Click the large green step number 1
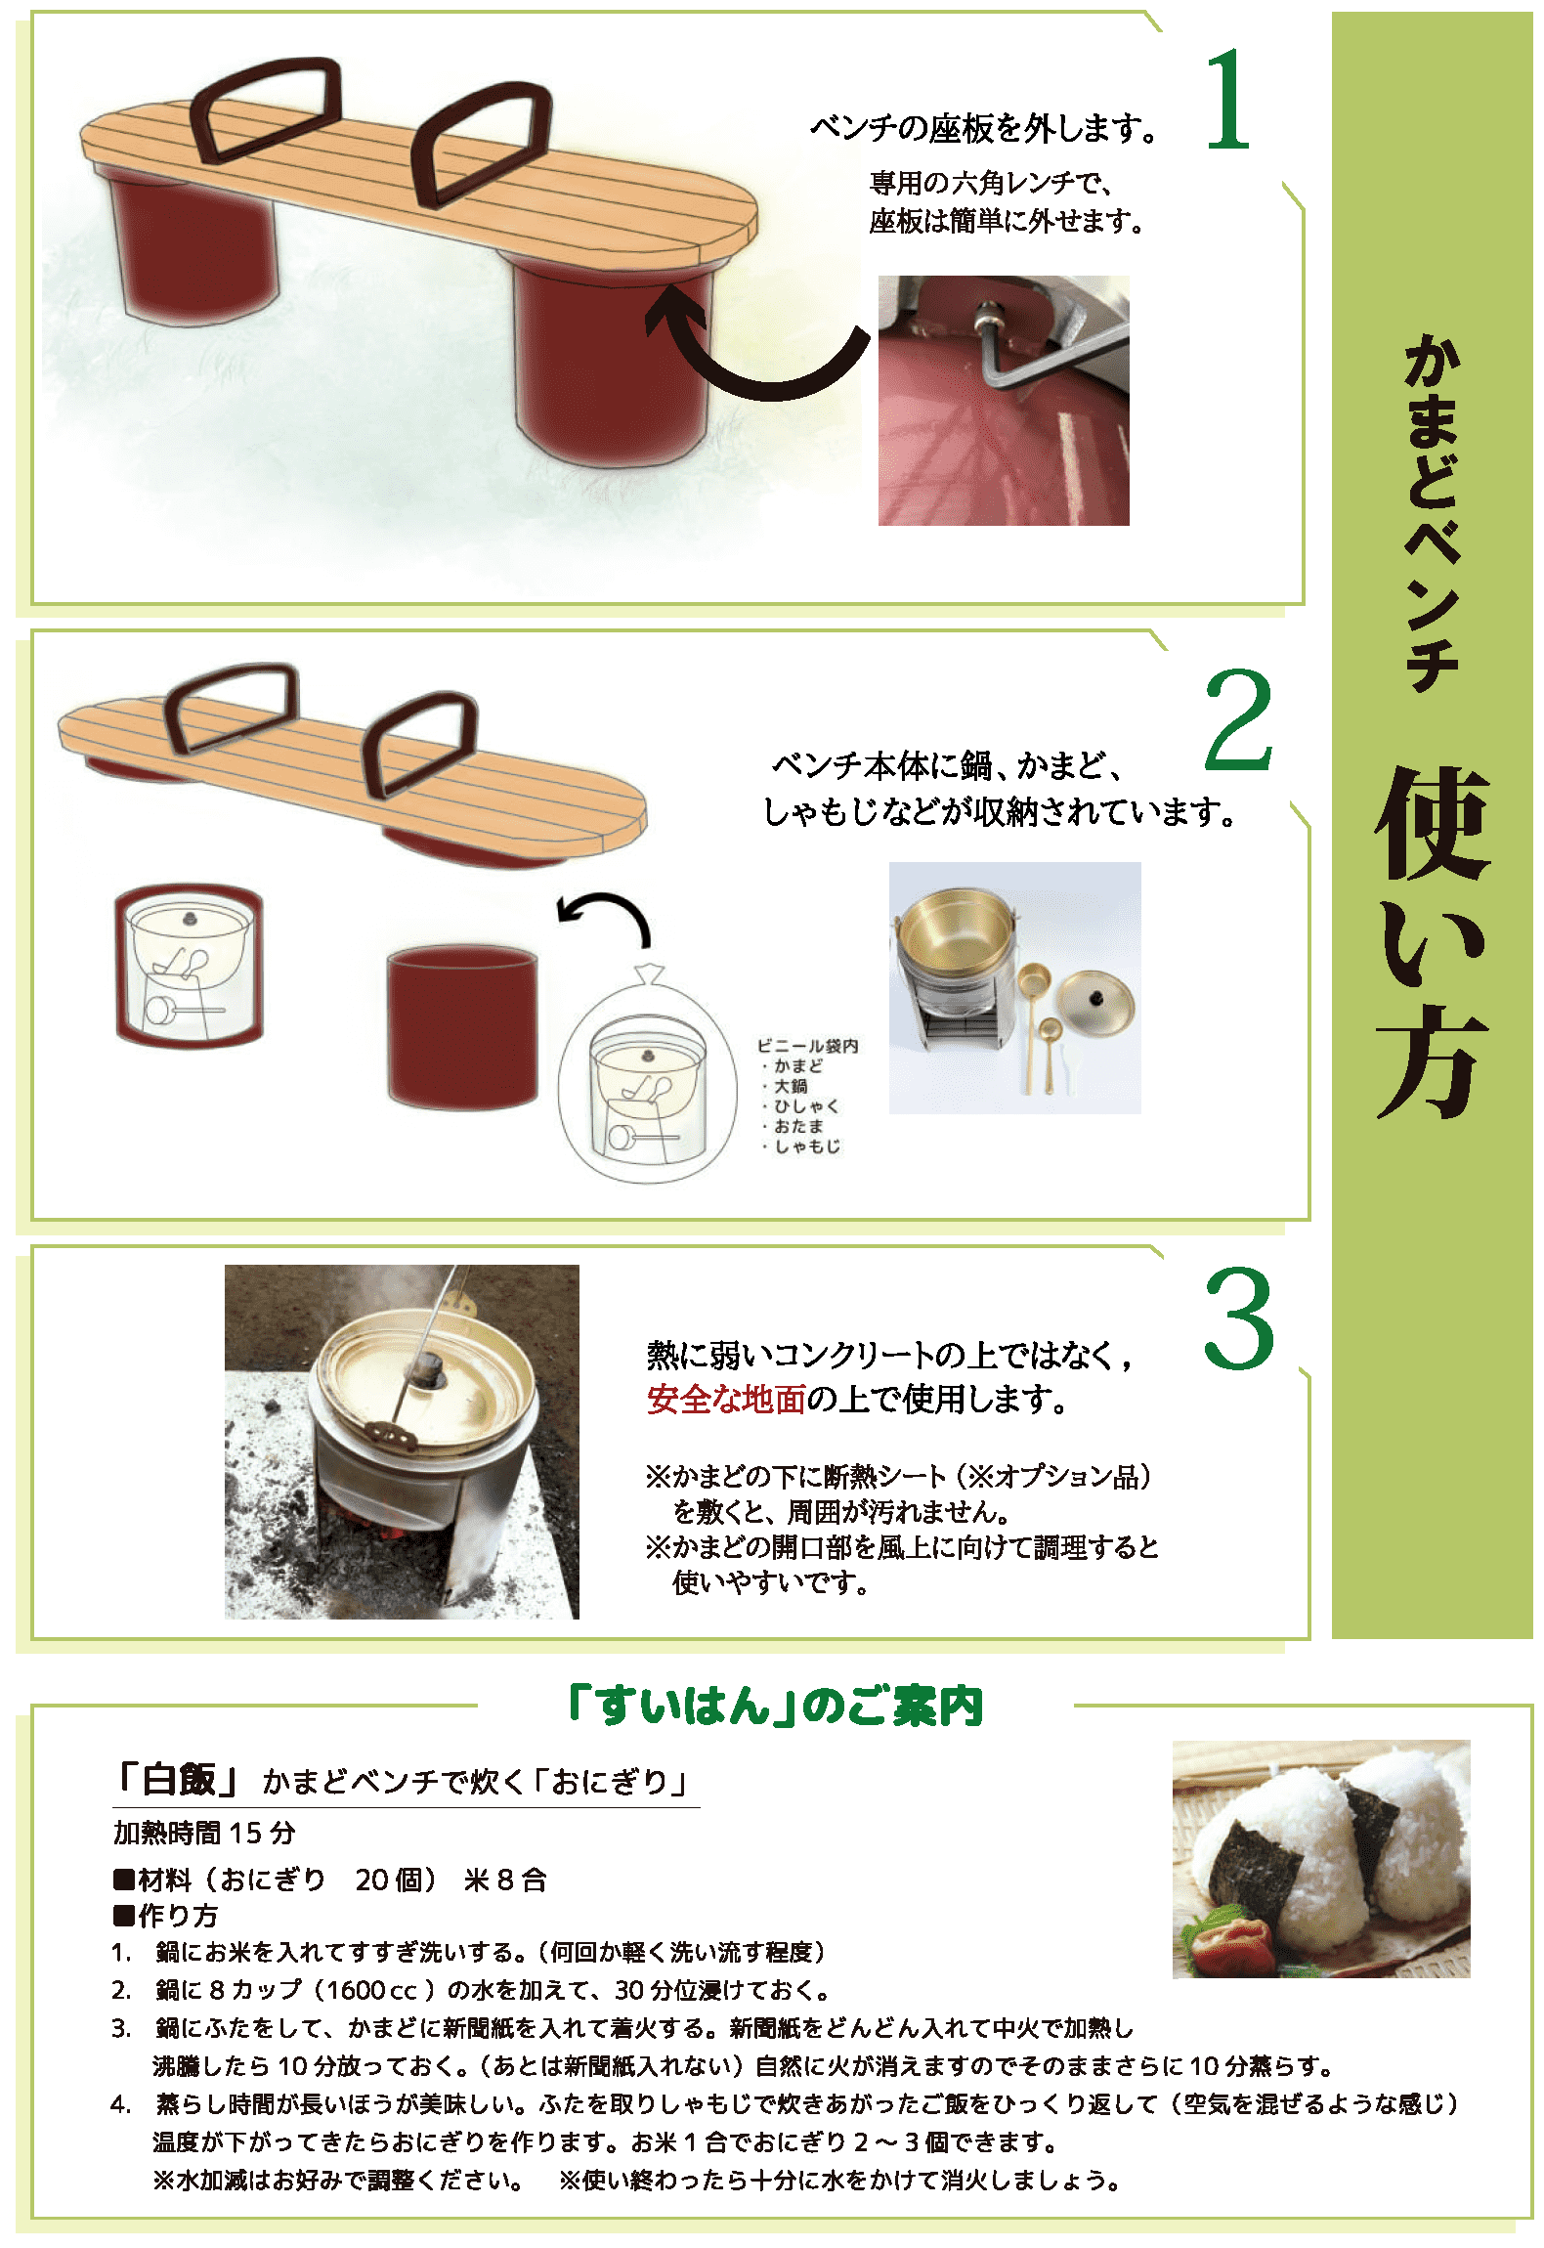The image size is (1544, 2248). click(x=1229, y=100)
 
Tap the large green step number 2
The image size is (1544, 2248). click(x=1238, y=720)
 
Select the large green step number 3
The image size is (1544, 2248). click(x=1239, y=1319)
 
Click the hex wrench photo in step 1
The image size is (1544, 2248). click(x=1004, y=401)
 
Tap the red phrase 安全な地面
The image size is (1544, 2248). click(x=726, y=1400)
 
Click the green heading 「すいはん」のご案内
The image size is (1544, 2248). click(x=776, y=1706)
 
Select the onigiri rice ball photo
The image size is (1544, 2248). click(x=1321, y=1859)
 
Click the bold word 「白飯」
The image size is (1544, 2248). click(x=176, y=1780)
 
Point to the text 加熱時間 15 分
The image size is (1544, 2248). click(x=203, y=1833)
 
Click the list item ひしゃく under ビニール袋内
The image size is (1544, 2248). click(x=801, y=1105)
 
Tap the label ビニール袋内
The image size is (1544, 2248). click(x=807, y=1046)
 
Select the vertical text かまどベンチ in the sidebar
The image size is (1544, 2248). click(x=1432, y=512)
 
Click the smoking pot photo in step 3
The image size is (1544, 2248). click(x=402, y=1442)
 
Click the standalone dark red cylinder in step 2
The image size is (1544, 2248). click(x=462, y=1026)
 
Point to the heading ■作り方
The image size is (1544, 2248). click(x=165, y=1915)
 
